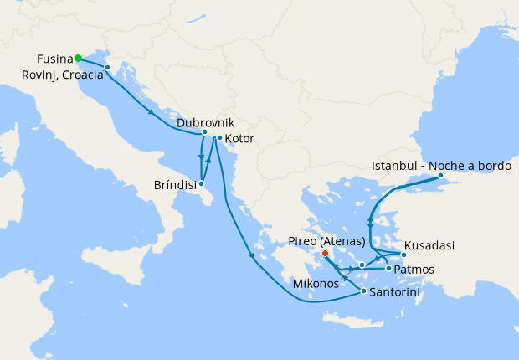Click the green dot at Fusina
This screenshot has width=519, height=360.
pyautogui.click(x=78, y=58)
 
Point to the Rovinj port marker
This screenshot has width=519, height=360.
pyautogui.click(x=107, y=67)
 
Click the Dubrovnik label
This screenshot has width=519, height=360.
pyautogui.click(x=200, y=122)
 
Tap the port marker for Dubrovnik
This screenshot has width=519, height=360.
pyautogui.click(x=204, y=132)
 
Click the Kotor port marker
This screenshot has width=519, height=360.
pyautogui.click(x=219, y=138)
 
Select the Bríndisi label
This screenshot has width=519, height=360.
pyautogui.click(x=177, y=185)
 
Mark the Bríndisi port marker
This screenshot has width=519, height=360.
pyautogui.click(x=202, y=183)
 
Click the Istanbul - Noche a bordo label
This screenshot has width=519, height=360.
pyautogui.click(x=440, y=166)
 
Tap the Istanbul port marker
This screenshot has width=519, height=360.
pyautogui.click(x=440, y=177)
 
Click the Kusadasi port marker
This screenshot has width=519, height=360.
pyautogui.click(x=403, y=254)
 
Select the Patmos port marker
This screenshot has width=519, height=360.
pyautogui.click(x=388, y=268)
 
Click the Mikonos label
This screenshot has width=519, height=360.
pyautogui.click(x=316, y=284)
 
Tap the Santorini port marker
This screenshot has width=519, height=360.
pyautogui.click(x=363, y=291)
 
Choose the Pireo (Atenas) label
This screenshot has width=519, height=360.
pyautogui.click(x=327, y=239)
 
